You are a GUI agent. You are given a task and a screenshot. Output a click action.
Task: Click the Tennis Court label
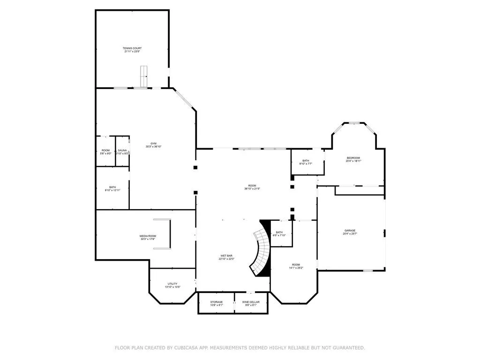coord(132,50)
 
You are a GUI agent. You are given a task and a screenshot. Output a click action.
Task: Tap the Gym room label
coord(153,145)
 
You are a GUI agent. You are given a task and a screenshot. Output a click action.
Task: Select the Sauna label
coord(122,151)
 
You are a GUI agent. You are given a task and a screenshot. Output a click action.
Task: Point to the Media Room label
coord(148,237)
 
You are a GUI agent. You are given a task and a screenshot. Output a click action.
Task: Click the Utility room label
coord(172,285)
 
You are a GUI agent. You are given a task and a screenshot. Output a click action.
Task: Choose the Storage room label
coord(216,303)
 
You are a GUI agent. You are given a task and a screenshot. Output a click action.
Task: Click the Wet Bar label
coord(226,257)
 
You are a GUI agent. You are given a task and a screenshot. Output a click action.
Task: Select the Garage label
coord(350,232)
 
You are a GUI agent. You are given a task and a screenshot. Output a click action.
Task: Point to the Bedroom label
coord(353,159)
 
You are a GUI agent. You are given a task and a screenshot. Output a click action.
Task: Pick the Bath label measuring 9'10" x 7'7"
coord(306,162)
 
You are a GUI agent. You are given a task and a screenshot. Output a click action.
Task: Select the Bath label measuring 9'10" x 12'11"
coord(112,188)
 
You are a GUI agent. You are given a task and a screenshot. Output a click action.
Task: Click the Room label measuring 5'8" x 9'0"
coord(106,151)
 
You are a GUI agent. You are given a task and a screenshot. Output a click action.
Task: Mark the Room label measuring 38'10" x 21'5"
coord(252,187)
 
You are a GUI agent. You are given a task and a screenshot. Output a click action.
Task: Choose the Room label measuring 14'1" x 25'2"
coord(295,266)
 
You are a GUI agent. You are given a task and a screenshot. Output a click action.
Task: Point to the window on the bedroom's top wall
coord(353,123)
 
